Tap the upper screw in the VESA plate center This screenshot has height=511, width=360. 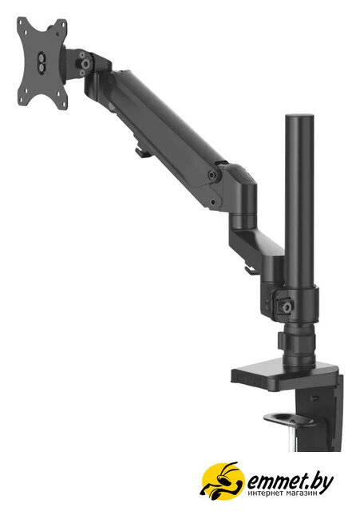(x=42, y=57)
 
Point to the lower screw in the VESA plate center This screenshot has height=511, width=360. (x=42, y=66)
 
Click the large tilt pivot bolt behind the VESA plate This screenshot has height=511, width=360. (x=85, y=62)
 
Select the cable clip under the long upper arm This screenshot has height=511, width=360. (x=141, y=151)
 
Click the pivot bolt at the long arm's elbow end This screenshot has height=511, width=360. (x=213, y=175)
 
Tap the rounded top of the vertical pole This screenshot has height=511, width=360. (x=299, y=117)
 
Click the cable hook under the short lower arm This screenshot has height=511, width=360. (x=250, y=270)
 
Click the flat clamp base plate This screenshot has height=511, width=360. (x=286, y=375)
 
